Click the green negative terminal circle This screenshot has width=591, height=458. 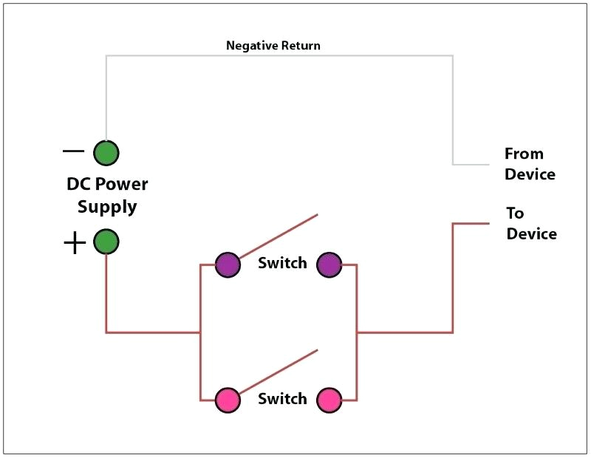click(x=106, y=153)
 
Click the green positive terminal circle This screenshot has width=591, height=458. click(x=106, y=242)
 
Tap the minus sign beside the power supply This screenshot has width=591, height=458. click(x=73, y=151)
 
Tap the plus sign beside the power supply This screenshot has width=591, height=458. click(x=74, y=243)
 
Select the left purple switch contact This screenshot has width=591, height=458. click(x=228, y=264)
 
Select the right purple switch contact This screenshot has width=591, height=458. click(x=329, y=264)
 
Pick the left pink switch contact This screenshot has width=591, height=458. click(x=228, y=400)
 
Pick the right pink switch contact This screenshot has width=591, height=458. click(x=329, y=400)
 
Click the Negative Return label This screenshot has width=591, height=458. click(x=273, y=46)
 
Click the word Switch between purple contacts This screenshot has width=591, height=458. click(x=282, y=263)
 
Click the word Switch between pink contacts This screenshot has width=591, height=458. click(x=282, y=399)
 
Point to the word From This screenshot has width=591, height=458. click(x=524, y=154)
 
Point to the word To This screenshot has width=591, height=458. click(x=515, y=213)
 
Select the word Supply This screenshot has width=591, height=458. click(x=107, y=207)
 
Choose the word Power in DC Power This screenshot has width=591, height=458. click(x=121, y=184)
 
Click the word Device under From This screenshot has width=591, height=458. click(x=530, y=174)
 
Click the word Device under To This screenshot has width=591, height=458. click(x=531, y=233)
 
